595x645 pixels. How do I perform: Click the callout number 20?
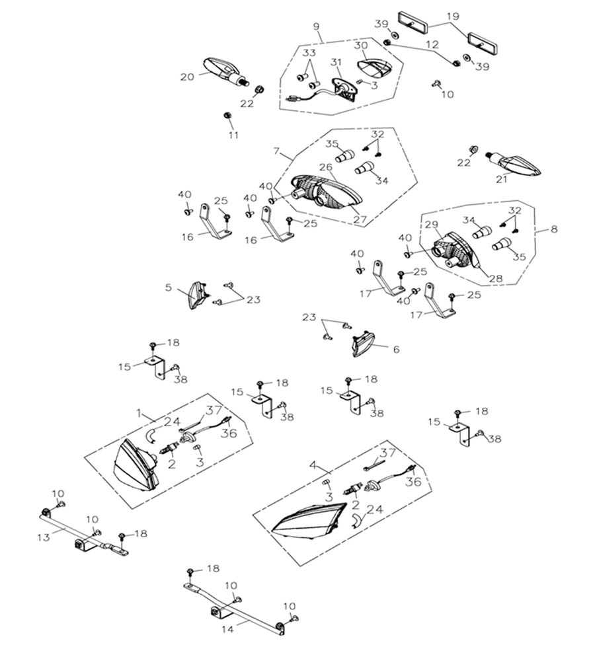tap(187, 77)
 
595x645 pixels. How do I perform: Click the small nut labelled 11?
tap(227, 116)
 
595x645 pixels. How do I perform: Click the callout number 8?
tap(554, 229)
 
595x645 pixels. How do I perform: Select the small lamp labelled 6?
tap(363, 346)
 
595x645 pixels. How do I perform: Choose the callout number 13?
tap(44, 537)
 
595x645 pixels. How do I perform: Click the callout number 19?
tap(452, 15)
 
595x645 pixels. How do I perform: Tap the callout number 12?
tap(432, 45)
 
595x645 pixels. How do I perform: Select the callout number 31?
tap(336, 62)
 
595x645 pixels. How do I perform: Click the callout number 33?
tap(309, 52)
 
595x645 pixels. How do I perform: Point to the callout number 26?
tap(325, 167)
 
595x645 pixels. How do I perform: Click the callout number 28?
tap(495, 278)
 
